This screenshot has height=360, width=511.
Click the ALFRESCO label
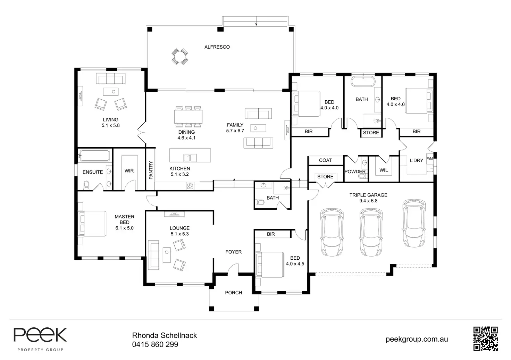[x=217, y=47]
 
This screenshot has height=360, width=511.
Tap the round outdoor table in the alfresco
[x=180, y=56]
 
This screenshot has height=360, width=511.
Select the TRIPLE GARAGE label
[x=368, y=195]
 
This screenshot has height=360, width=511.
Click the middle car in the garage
[x=371, y=232]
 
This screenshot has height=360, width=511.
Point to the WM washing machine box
[x=430, y=158]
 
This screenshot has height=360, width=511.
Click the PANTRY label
[x=151, y=170]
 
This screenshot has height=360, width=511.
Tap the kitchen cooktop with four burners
[x=190, y=186]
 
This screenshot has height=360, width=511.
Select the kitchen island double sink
[x=190, y=158]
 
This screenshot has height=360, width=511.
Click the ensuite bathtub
[x=94, y=156]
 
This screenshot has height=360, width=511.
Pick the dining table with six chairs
[x=188, y=117]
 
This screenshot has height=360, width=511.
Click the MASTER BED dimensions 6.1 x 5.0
[x=124, y=228]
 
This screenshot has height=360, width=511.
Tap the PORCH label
[x=233, y=293]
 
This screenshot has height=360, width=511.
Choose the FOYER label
[x=233, y=252]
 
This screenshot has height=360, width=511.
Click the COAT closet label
[x=325, y=160]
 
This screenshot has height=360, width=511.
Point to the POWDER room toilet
[x=362, y=176]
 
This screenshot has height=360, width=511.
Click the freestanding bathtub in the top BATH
[x=363, y=82]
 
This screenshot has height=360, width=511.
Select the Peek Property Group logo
[x=40, y=339]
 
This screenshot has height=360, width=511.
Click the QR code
[x=485, y=338]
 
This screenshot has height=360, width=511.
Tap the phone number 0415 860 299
[x=155, y=344]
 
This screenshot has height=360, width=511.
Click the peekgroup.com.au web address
[x=417, y=339]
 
